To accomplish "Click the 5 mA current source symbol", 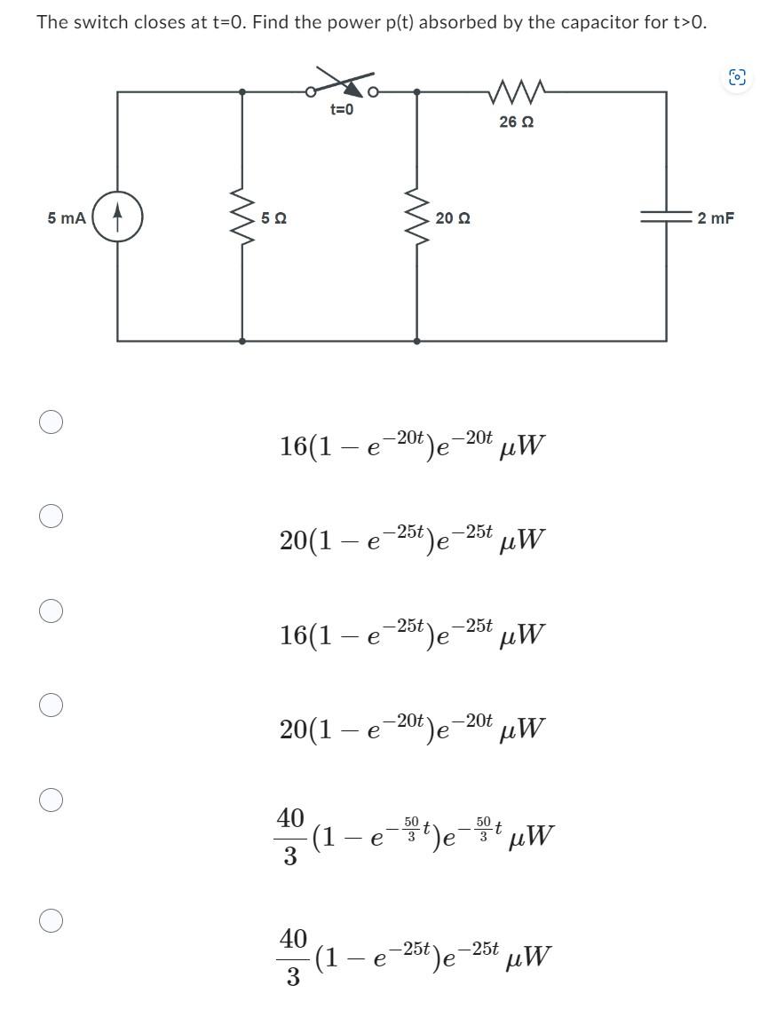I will [117, 217].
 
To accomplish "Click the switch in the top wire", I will [343, 87].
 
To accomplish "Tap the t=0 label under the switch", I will [342, 110].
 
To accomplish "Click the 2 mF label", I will [715, 217].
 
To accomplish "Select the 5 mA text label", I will [67, 217].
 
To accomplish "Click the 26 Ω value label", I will [516, 122].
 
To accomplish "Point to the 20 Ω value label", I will [453, 218].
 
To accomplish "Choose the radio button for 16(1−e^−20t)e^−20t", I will [51, 421].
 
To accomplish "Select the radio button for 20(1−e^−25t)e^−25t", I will [51, 516].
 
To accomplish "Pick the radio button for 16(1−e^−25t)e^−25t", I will [51, 611].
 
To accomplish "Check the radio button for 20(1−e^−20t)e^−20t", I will [51, 706].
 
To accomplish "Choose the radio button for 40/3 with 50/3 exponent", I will [51, 800].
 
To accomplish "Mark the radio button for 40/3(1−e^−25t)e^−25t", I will [51, 921].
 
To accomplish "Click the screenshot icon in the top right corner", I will [736, 78].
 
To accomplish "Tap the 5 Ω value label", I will [273, 218].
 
